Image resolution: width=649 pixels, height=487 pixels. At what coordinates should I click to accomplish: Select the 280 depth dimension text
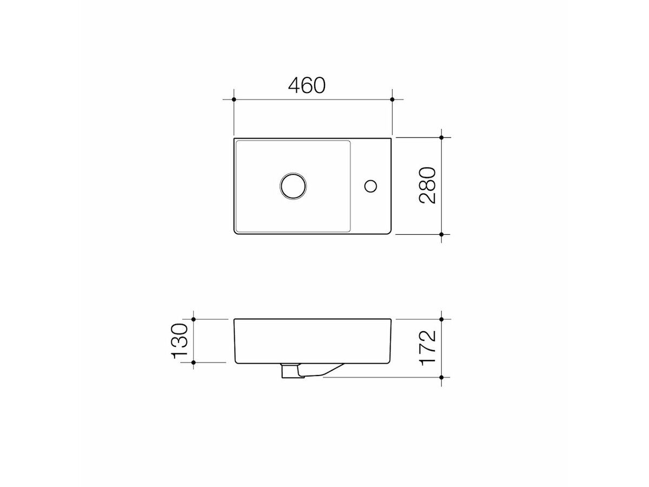point(428,186)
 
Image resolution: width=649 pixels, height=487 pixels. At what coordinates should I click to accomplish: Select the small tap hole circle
point(370,186)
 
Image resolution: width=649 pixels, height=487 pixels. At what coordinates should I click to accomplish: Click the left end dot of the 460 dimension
point(234,100)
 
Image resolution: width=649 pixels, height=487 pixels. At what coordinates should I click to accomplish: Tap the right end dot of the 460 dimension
point(393,100)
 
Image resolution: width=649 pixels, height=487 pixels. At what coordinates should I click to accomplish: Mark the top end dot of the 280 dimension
point(442,138)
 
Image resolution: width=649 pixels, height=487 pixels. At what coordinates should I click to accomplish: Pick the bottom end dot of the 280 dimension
point(442,234)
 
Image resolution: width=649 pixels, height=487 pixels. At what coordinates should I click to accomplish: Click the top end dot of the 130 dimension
point(194,319)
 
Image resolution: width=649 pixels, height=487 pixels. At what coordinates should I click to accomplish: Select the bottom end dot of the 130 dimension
point(194,362)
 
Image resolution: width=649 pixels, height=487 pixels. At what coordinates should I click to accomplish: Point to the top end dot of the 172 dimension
point(442,319)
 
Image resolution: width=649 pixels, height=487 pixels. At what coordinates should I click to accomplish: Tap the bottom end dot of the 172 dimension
point(442,377)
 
